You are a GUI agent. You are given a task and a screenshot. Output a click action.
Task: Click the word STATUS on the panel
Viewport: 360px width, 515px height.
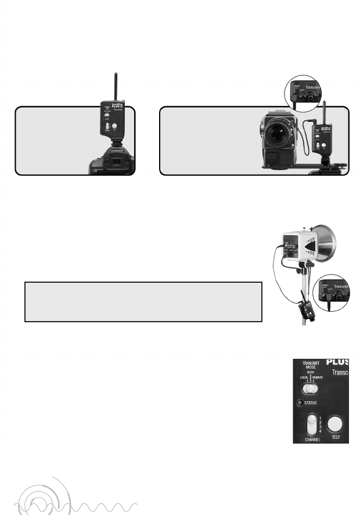pyautogui.click(x=314, y=402)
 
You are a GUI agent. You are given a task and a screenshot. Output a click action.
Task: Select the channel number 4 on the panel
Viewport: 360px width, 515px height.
pyautogui.click(x=321, y=431)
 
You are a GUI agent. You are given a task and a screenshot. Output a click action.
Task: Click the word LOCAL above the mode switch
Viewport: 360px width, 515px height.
pyautogui.click(x=304, y=378)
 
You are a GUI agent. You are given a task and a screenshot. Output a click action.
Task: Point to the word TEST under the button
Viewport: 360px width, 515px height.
pyautogui.click(x=336, y=437)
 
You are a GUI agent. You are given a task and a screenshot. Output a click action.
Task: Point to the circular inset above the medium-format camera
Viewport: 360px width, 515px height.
pyautogui.click(x=304, y=93)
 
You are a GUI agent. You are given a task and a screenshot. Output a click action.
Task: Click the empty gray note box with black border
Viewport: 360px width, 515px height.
pyautogui.click(x=143, y=301)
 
